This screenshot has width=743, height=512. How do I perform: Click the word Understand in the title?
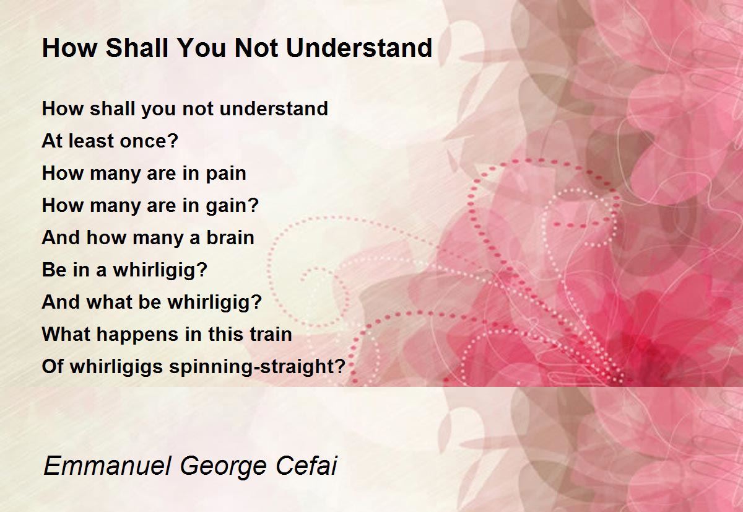point(359,48)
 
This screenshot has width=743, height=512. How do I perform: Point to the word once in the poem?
point(145,141)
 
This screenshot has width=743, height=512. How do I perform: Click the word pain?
point(226,174)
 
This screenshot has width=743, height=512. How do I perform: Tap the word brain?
point(230,238)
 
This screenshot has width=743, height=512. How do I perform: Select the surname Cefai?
point(306,466)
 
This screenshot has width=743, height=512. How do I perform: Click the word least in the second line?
point(90,141)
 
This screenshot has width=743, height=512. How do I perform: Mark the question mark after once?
point(175,141)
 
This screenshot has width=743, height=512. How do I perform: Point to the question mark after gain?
point(254,206)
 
